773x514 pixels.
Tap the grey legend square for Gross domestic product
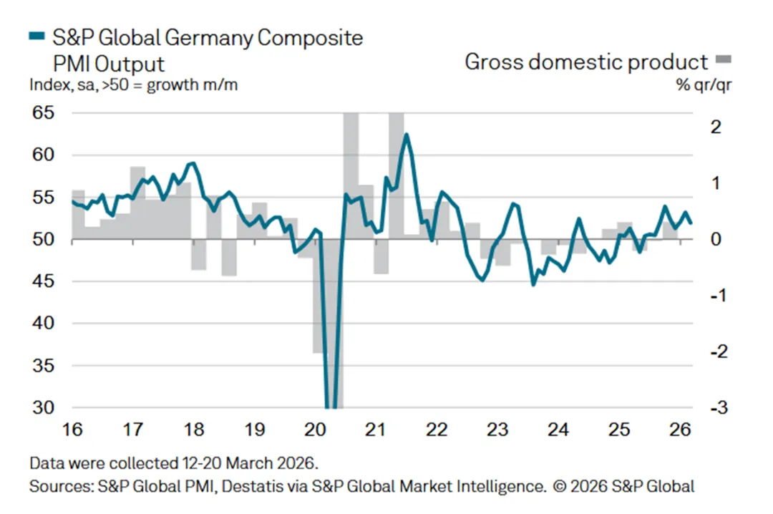[724, 59]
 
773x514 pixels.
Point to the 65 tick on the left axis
[43, 113]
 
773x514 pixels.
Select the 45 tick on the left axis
[43, 281]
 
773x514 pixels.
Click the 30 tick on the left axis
[43, 408]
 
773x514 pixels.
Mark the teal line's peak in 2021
[406, 134]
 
